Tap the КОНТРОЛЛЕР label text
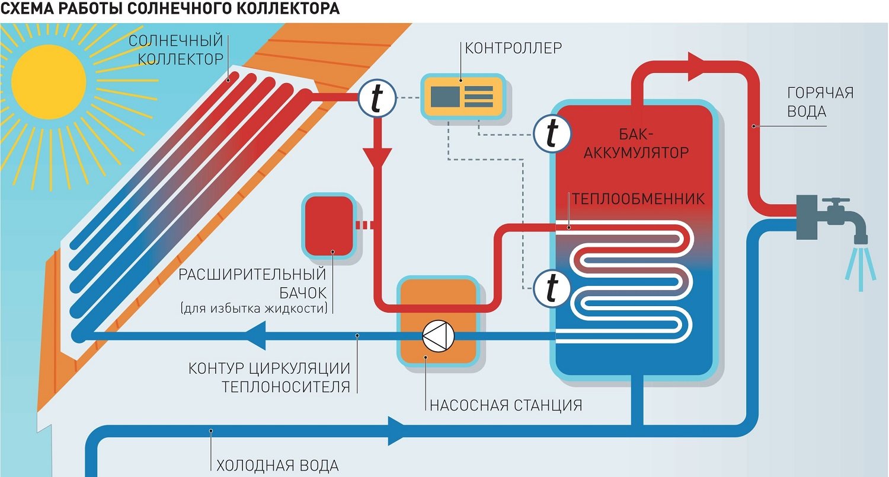tap(513, 47)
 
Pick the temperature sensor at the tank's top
tap(552, 134)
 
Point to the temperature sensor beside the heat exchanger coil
tap(552, 288)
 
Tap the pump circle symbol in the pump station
tap(437, 336)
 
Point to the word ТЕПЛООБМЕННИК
tap(637, 198)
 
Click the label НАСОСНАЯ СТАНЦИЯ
tap(506, 406)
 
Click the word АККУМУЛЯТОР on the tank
tap(637, 152)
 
